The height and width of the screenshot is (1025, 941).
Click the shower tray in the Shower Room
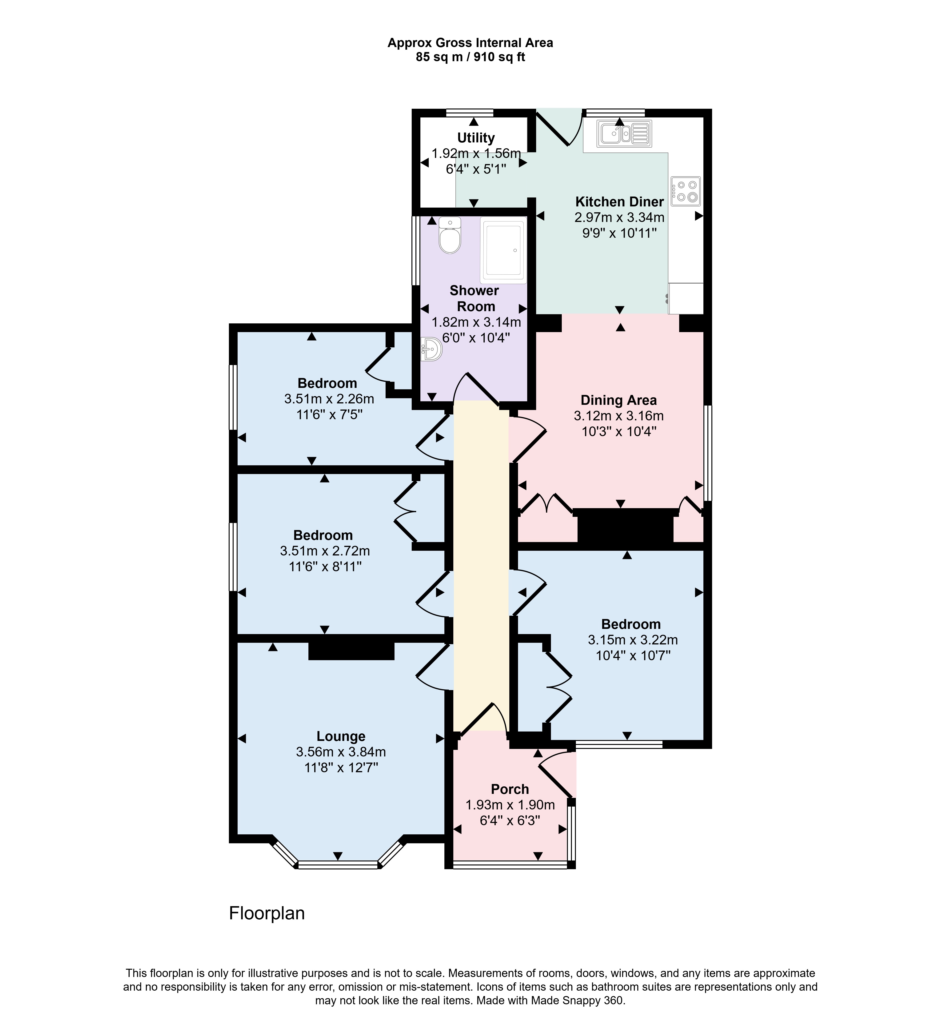point(503,250)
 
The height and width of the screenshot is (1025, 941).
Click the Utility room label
point(476,138)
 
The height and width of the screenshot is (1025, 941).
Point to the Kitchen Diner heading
point(619,202)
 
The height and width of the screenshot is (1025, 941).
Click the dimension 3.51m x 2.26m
point(329,399)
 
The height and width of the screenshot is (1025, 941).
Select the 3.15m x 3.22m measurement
point(632,640)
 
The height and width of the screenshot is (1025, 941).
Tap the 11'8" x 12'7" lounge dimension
point(341,767)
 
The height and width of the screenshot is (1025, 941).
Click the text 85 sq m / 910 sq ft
point(470,58)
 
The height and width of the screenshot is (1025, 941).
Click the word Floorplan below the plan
point(267,913)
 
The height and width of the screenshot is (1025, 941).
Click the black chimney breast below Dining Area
point(625,529)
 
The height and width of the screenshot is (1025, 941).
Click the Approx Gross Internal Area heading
point(470,43)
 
